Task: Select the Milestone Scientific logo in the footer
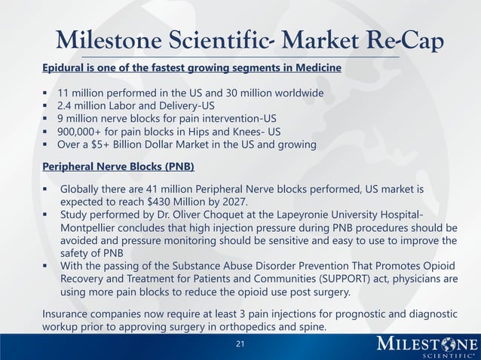426,346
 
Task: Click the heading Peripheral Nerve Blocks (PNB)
118,166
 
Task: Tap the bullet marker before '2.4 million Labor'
46,105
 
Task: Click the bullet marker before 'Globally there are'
46,188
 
